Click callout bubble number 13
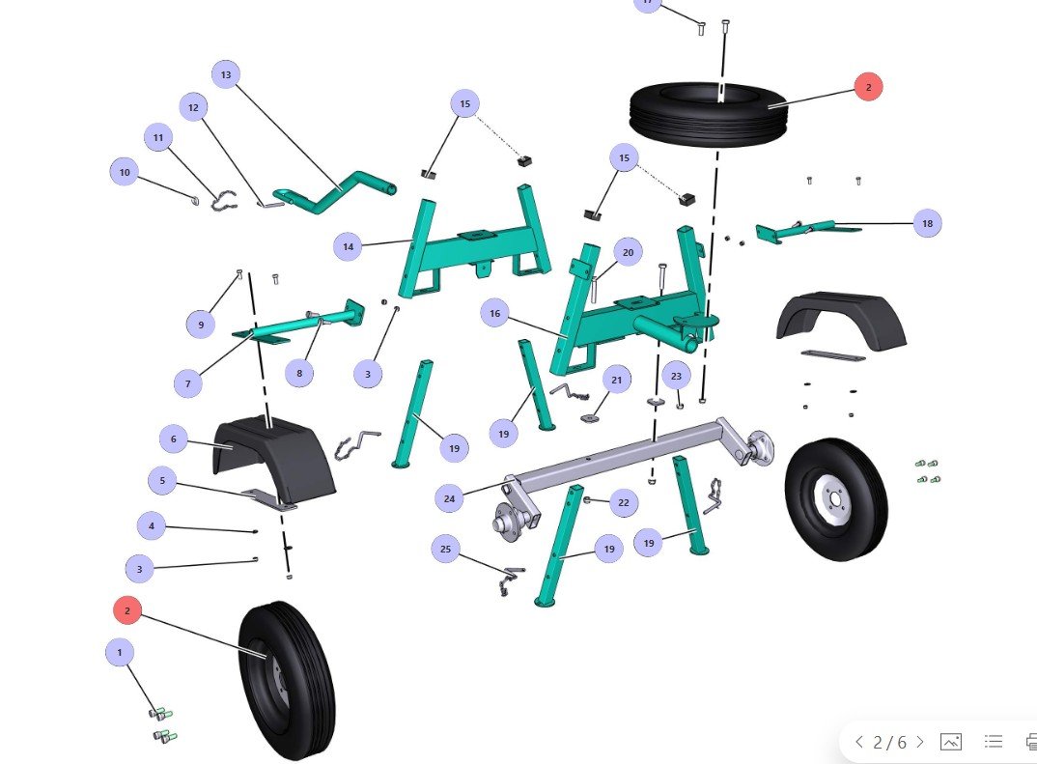click(x=226, y=74)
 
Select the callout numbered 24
click(x=449, y=499)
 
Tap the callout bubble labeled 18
click(x=927, y=223)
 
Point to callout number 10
click(x=125, y=173)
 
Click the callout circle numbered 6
click(x=174, y=439)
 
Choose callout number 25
click(x=445, y=549)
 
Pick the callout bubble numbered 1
click(x=120, y=653)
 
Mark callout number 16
click(x=495, y=314)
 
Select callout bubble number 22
click(x=623, y=502)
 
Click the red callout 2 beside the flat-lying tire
click(x=868, y=87)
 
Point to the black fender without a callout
click(x=842, y=319)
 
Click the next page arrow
click(x=920, y=742)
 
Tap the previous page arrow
click(x=858, y=742)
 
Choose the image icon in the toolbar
click(x=951, y=742)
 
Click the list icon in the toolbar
click(x=993, y=742)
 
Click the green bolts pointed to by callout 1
click(x=163, y=725)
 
